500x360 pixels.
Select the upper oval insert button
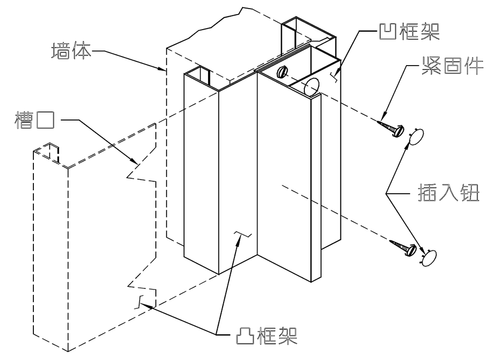417,137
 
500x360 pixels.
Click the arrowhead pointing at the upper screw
383,117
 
